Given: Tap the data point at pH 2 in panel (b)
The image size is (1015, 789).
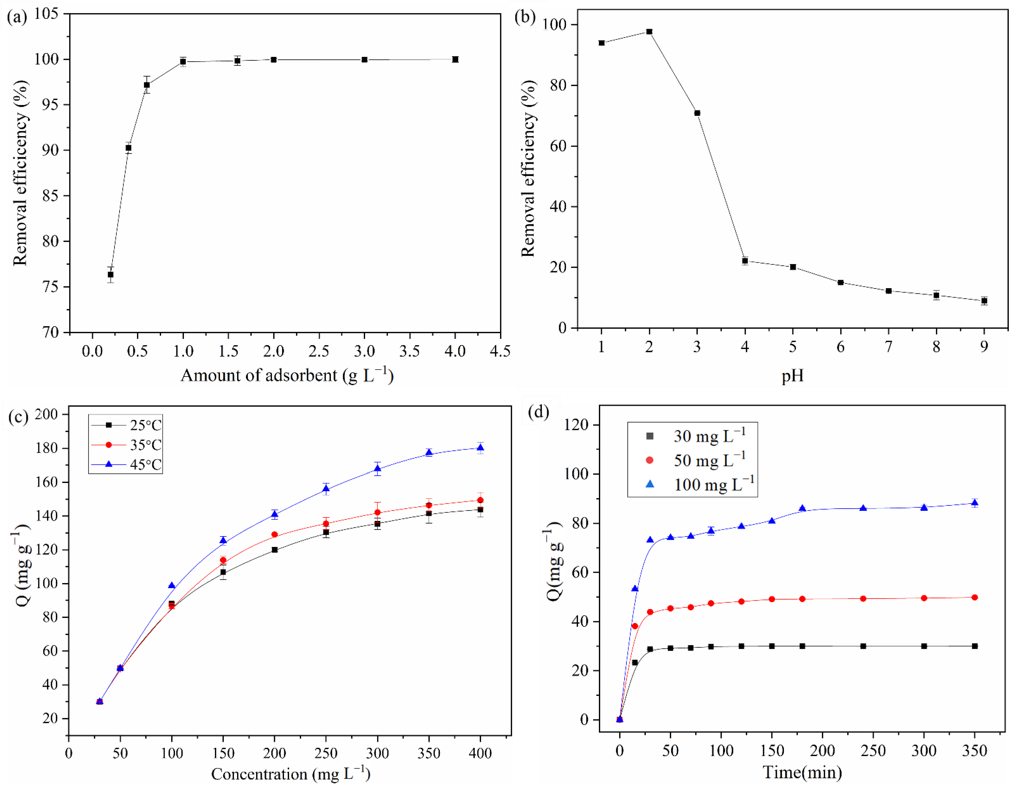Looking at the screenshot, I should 649,32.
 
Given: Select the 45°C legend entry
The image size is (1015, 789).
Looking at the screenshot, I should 126,464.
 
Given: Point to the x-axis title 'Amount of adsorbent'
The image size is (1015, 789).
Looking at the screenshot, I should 287,375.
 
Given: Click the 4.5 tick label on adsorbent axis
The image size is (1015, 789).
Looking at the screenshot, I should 500,351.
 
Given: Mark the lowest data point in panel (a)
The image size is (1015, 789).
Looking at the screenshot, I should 111,275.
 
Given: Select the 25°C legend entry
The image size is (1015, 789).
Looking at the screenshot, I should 126,425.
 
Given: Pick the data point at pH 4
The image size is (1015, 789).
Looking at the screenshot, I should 745,261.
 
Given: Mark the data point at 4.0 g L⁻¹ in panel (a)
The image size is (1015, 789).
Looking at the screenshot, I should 455,60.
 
